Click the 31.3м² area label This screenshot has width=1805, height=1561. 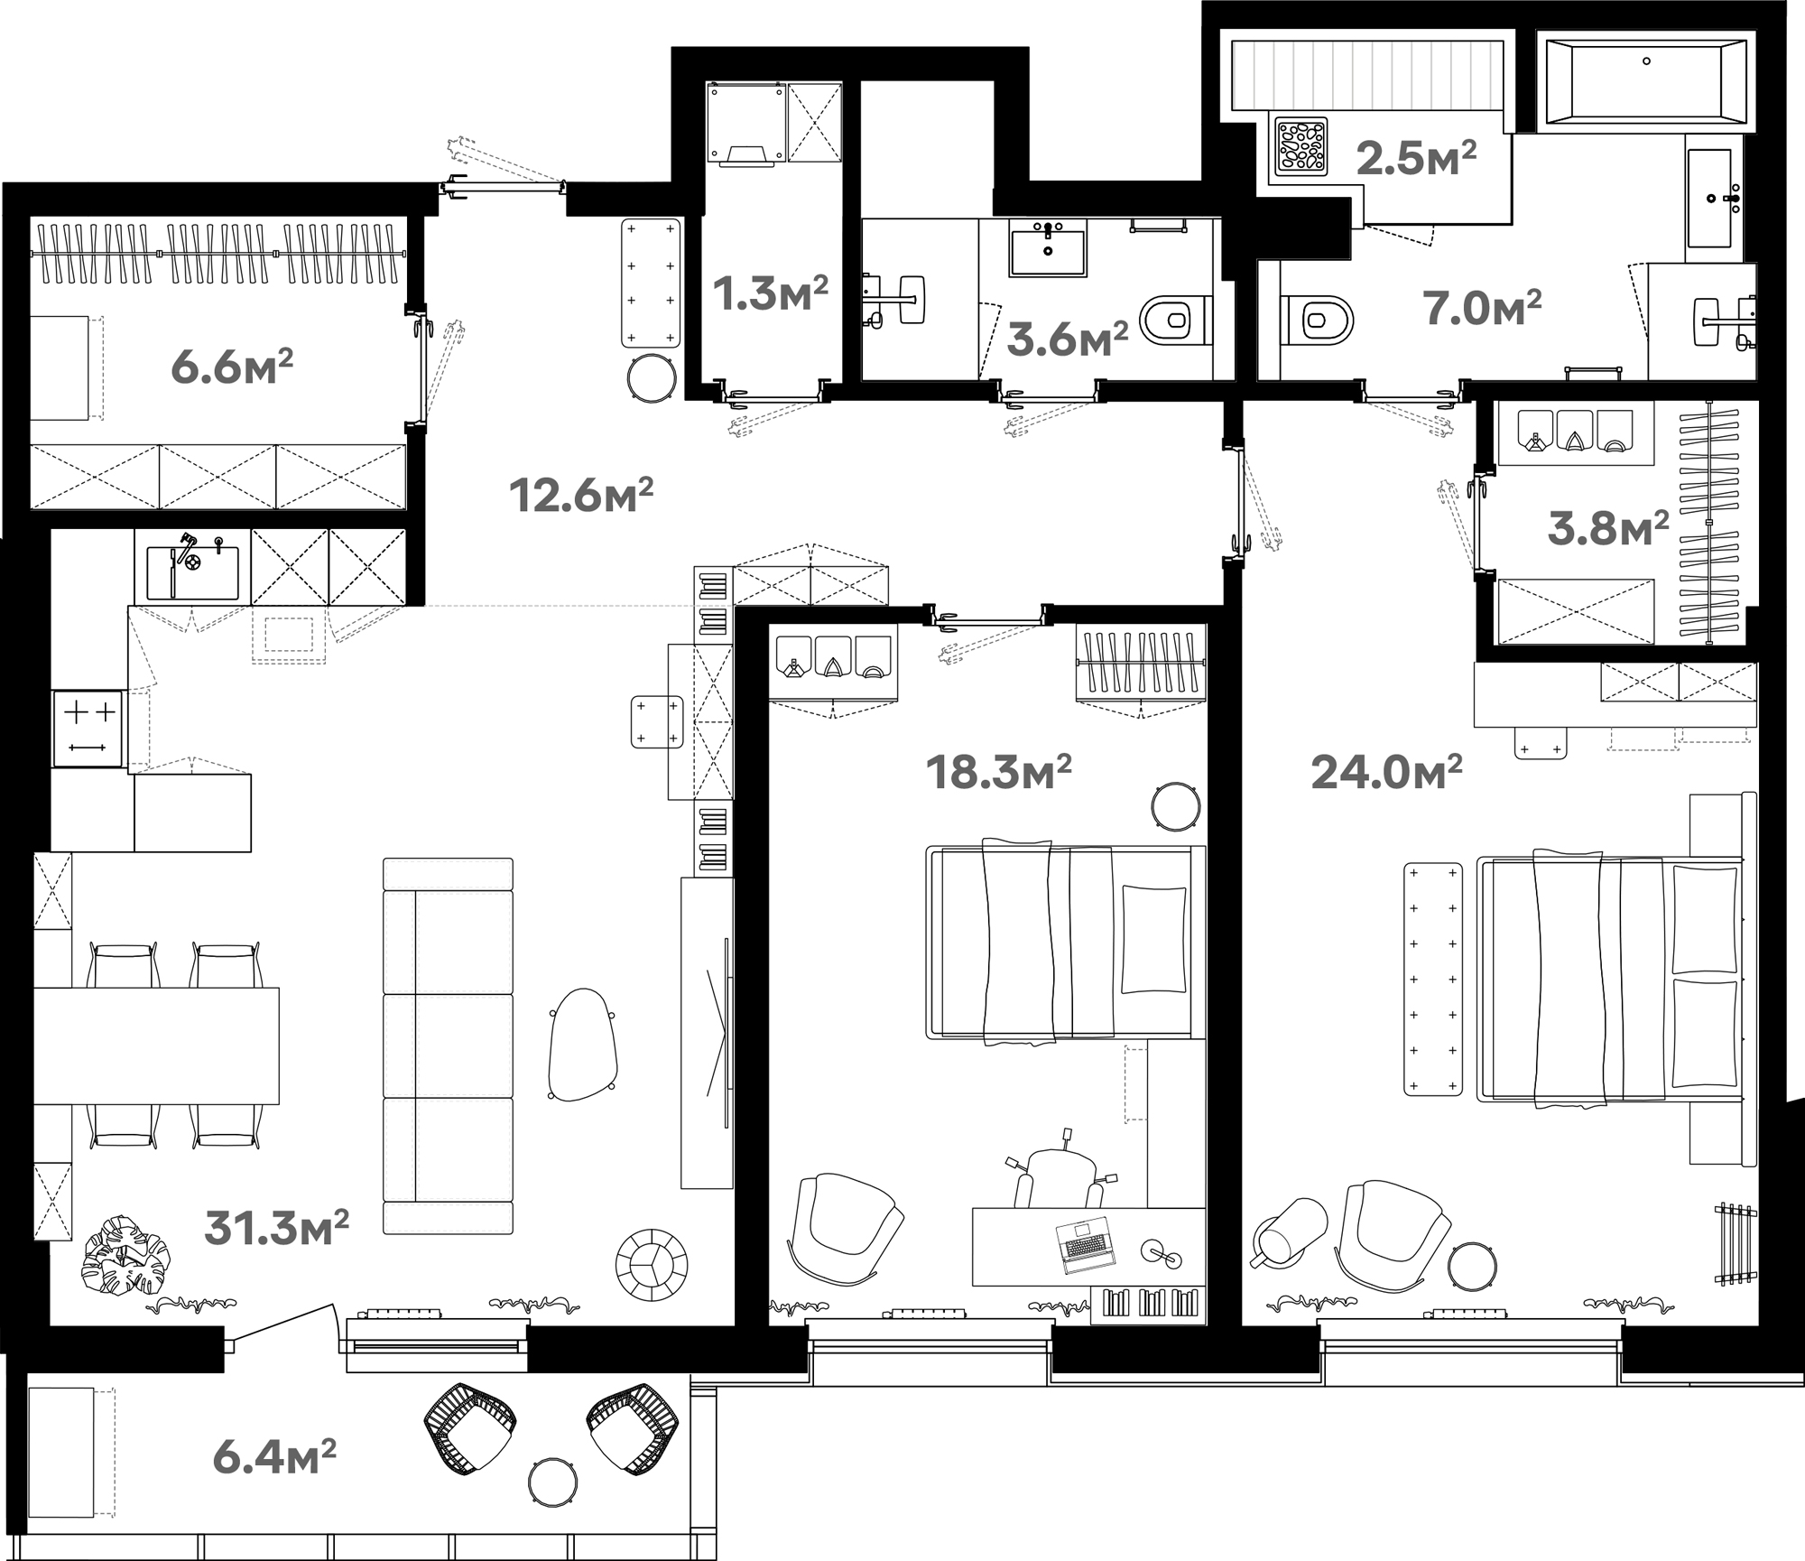pyautogui.click(x=276, y=1228)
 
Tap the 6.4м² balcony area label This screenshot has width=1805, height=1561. pyautogui.click(x=274, y=1457)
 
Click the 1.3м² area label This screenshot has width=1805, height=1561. pyautogui.click(x=771, y=293)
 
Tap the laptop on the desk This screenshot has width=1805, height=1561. pyautogui.click(x=1086, y=1244)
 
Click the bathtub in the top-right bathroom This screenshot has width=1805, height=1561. pyautogui.click(x=1646, y=80)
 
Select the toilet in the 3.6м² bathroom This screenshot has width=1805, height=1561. pyautogui.click(x=1177, y=319)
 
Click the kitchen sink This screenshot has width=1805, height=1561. pyautogui.click(x=192, y=572)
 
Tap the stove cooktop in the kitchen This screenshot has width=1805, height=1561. pyautogui.click(x=88, y=729)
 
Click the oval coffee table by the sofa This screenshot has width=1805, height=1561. pyautogui.click(x=583, y=1044)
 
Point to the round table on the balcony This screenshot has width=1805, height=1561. pyautogui.click(x=553, y=1482)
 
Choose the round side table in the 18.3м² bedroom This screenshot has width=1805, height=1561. pyautogui.click(x=1176, y=805)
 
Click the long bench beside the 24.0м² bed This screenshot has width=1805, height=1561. pyautogui.click(x=1433, y=979)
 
